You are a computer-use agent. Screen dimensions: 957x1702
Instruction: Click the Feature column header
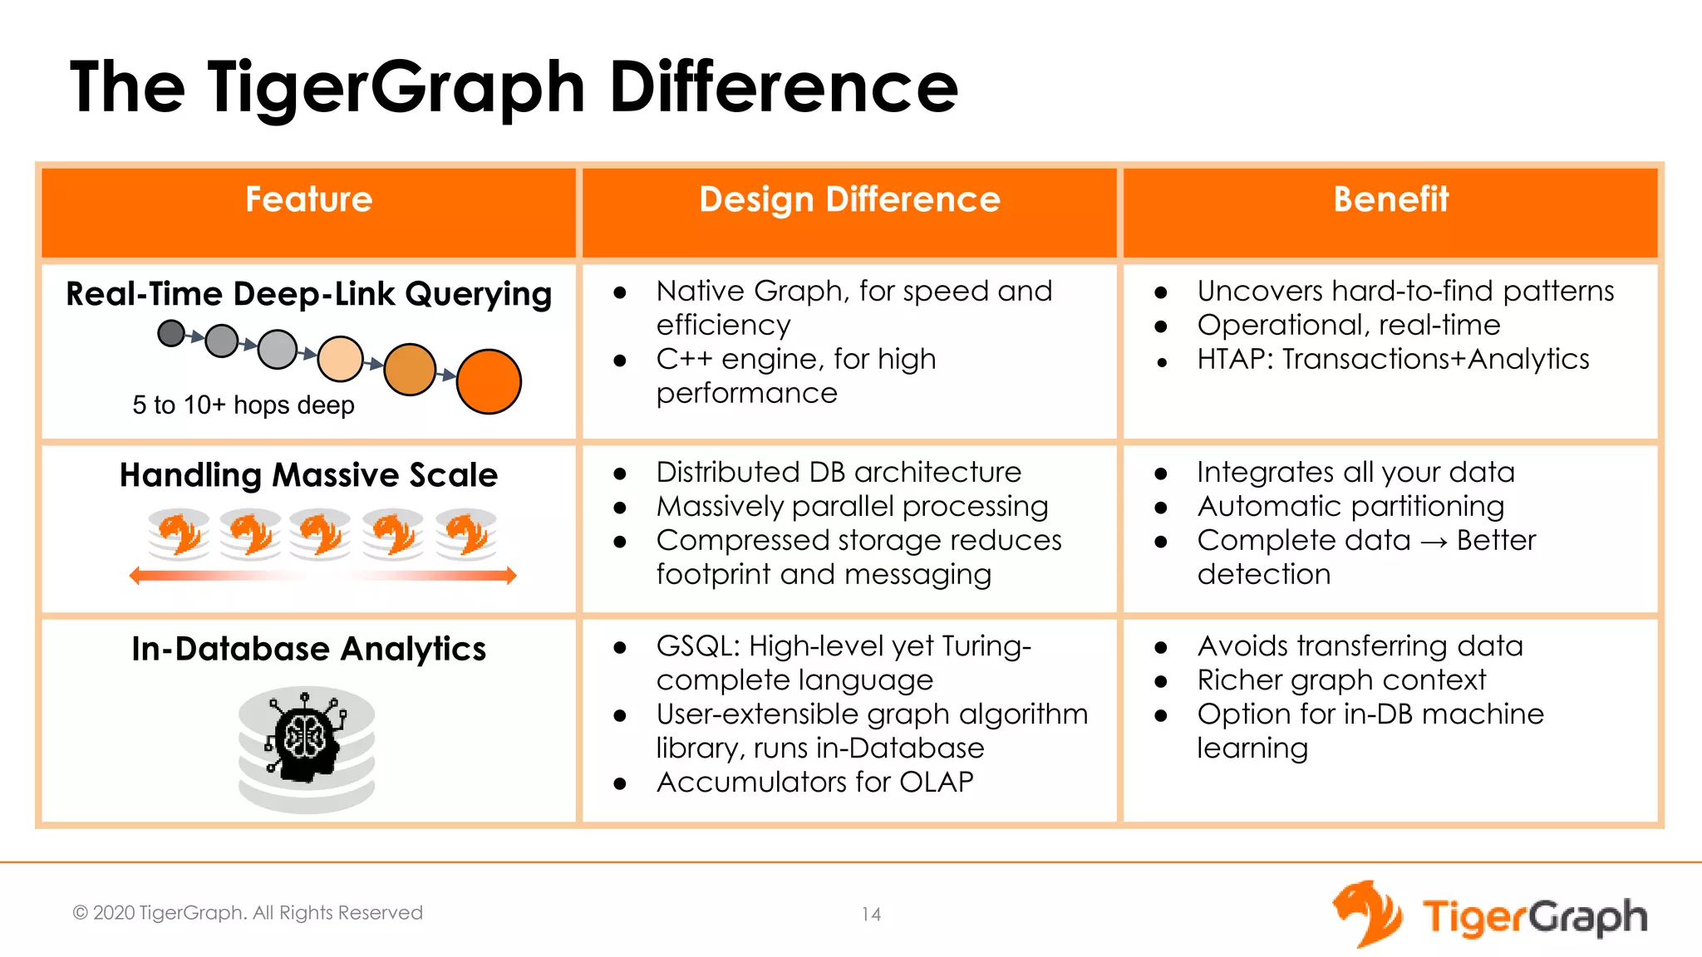click(308, 199)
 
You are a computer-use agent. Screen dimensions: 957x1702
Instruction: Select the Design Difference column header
click(849, 199)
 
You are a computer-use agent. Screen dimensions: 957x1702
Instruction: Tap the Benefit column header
click(1390, 199)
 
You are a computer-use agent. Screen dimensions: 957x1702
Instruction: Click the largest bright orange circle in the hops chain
click(489, 381)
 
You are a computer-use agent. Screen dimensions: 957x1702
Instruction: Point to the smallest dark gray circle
click(171, 334)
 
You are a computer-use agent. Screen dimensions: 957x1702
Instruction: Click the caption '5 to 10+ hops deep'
click(243, 405)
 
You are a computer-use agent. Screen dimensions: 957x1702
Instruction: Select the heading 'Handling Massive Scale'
click(308, 475)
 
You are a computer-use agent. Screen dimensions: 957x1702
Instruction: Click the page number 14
click(871, 915)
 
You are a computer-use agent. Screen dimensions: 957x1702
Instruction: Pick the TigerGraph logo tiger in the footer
click(1366, 914)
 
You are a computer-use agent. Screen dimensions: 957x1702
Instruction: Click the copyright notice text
click(248, 913)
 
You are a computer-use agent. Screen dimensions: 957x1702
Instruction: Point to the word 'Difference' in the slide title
click(784, 87)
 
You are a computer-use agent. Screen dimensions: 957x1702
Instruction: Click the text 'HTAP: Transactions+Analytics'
click(1393, 359)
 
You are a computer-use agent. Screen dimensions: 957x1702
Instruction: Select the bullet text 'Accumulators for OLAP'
click(814, 783)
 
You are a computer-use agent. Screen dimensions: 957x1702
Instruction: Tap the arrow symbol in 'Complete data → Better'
click(1434, 542)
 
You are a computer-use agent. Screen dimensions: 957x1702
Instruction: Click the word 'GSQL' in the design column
click(696, 646)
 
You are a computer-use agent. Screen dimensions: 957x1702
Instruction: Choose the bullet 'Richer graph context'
click(1341, 680)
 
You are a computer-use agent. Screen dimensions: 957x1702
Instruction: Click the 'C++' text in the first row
click(683, 359)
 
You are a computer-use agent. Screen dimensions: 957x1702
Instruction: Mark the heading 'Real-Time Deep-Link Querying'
click(308, 294)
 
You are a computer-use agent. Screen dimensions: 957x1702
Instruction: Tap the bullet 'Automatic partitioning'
click(1350, 507)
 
